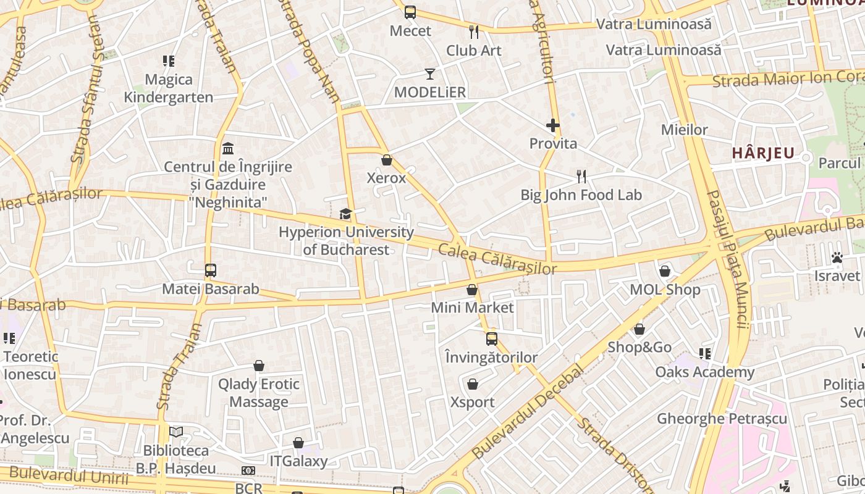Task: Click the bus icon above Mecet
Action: click(410, 12)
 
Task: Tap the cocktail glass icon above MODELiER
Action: click(430, 74)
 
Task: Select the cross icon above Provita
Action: click(553, 126)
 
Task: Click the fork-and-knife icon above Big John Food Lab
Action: click(581, 177)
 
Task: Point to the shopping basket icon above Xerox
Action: click(387, 161)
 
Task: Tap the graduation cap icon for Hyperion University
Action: click(345, 214)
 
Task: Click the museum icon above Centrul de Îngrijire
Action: click(228, 149)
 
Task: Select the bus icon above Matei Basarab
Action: click(211, 270)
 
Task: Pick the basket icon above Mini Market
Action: click(472, 290)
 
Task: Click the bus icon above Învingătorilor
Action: click(492, 339)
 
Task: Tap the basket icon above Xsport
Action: click(473, 385)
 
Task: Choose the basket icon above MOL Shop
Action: click(665, 271)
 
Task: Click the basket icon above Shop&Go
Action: click(639, 329)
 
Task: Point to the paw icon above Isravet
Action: click(837, 257)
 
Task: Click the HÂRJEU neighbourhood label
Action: click(763, 153)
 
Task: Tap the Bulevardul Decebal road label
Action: click(528, 412)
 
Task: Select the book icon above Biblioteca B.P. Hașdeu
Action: click(176, 432)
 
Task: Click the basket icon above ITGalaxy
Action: click(298, 443)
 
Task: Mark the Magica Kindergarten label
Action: click(169, 88)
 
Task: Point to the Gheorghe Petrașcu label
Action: click(722, 419)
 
